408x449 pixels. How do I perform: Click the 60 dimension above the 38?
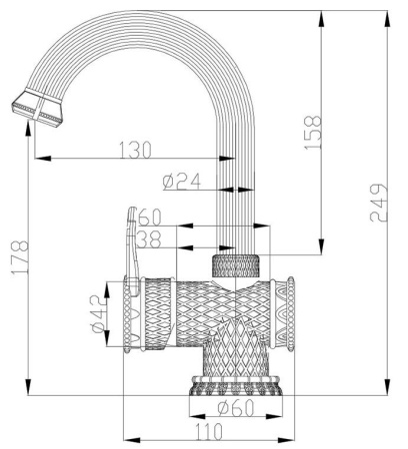coord(150,217)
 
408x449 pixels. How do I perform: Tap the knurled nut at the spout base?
coord(237,265)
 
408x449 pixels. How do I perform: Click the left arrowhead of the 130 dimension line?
coord(37,158)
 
